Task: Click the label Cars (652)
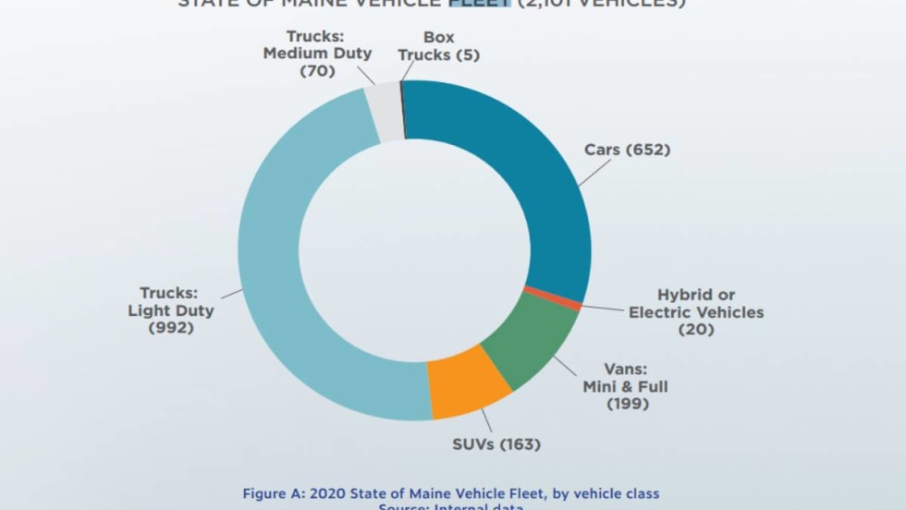(x=627, y=150)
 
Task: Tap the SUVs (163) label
(x=496, y=444)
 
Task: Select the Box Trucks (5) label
(x=438, y=46)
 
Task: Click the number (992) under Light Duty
(x=171, y=327)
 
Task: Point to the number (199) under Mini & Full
(x=628, y=403)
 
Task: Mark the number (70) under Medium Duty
(x=317, y=71)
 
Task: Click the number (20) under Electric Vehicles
(x=696, y=329)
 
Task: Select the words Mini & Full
(x=625, y=385)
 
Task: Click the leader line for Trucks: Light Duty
(x=230, y=295)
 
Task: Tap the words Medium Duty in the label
(x=317, y=54)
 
